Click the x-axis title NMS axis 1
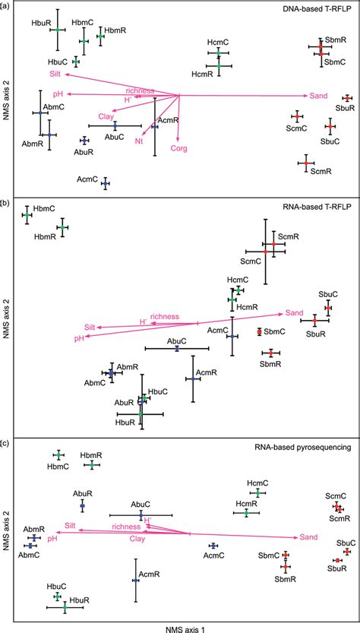tap(181, 628)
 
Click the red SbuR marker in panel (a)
tap(347, 98)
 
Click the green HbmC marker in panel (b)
tap(27, 215)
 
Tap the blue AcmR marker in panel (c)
tap(135, 580)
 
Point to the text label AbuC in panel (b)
tap(177, 341)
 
